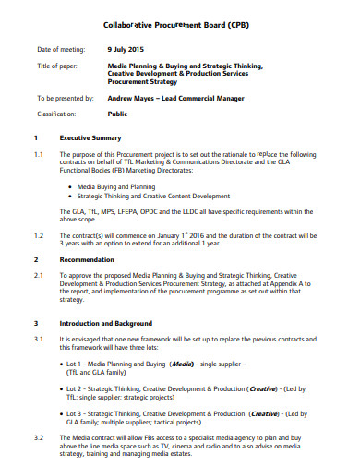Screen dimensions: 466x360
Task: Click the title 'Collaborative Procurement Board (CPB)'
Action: pyautogui.click(x=180, y=27)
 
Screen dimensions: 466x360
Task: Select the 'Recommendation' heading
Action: pyautogui.click(x=87, y=260)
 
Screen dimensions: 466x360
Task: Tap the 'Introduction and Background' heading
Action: pyautogui.click(x=112, y=324)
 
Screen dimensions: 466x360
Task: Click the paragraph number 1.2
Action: pyautogui.click(x=39, y=234)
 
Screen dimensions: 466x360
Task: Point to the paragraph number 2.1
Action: pyautogui.click(x=39, y=275)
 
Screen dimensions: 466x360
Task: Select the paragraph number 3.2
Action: pyautogui.click(x=39, y=436)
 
